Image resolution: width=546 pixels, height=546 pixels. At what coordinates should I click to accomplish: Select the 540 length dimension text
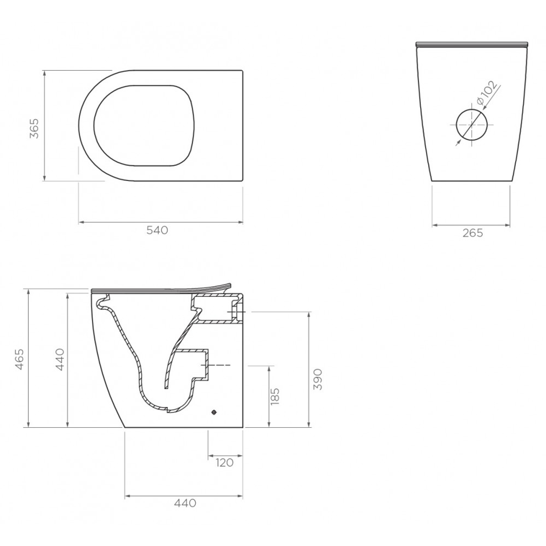click(157, 230)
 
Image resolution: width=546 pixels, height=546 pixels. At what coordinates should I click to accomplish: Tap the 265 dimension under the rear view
click(472, 233)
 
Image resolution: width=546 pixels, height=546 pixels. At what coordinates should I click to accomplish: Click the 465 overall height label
click(19, 359)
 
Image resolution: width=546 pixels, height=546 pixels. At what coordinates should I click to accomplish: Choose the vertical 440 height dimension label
click(60, 359)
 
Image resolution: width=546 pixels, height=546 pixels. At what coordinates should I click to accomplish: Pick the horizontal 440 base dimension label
click(185, 503)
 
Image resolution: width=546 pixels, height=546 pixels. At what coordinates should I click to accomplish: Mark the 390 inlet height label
click(317, 379)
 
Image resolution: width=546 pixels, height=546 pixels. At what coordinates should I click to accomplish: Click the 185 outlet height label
click(275, 397)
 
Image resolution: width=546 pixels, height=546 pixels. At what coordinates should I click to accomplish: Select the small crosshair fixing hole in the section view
click(214, 413)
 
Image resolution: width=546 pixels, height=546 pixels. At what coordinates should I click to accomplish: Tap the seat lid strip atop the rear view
click(472, 44)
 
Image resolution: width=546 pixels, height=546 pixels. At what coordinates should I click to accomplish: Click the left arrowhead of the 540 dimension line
click(81, 221)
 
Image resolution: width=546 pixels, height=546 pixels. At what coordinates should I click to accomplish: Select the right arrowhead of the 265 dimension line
click(509, 225)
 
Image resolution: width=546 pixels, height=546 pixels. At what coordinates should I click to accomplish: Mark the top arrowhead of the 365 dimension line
click(45, 73)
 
